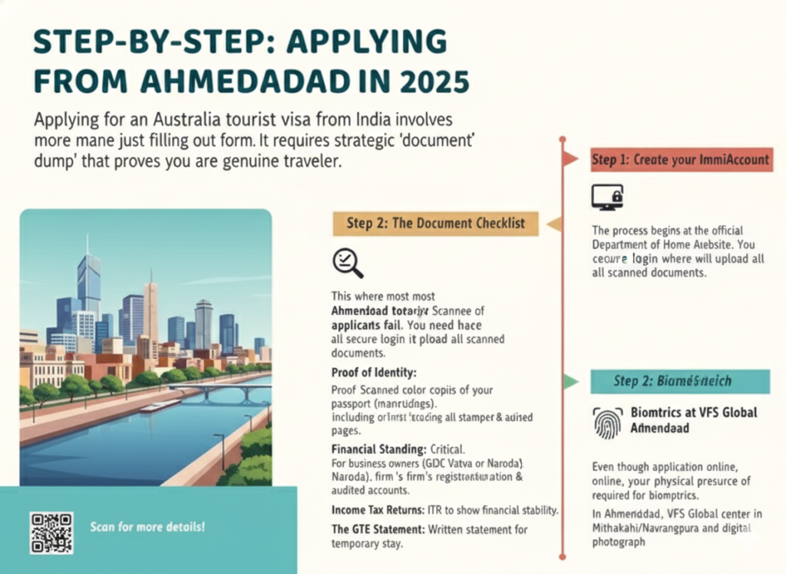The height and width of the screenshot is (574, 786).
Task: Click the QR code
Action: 51,533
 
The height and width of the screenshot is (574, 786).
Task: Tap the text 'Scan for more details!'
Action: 147,528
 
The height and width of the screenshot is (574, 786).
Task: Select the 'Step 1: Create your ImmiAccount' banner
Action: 679,160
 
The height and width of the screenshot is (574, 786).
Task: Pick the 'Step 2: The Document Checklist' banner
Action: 435,223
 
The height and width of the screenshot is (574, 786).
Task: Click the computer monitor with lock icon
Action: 607,197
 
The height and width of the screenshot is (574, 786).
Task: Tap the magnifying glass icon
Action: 347,262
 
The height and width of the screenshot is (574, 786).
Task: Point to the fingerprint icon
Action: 607,422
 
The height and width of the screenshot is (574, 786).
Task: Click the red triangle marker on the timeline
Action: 569,159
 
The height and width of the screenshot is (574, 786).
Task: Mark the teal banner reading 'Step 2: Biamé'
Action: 679,381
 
